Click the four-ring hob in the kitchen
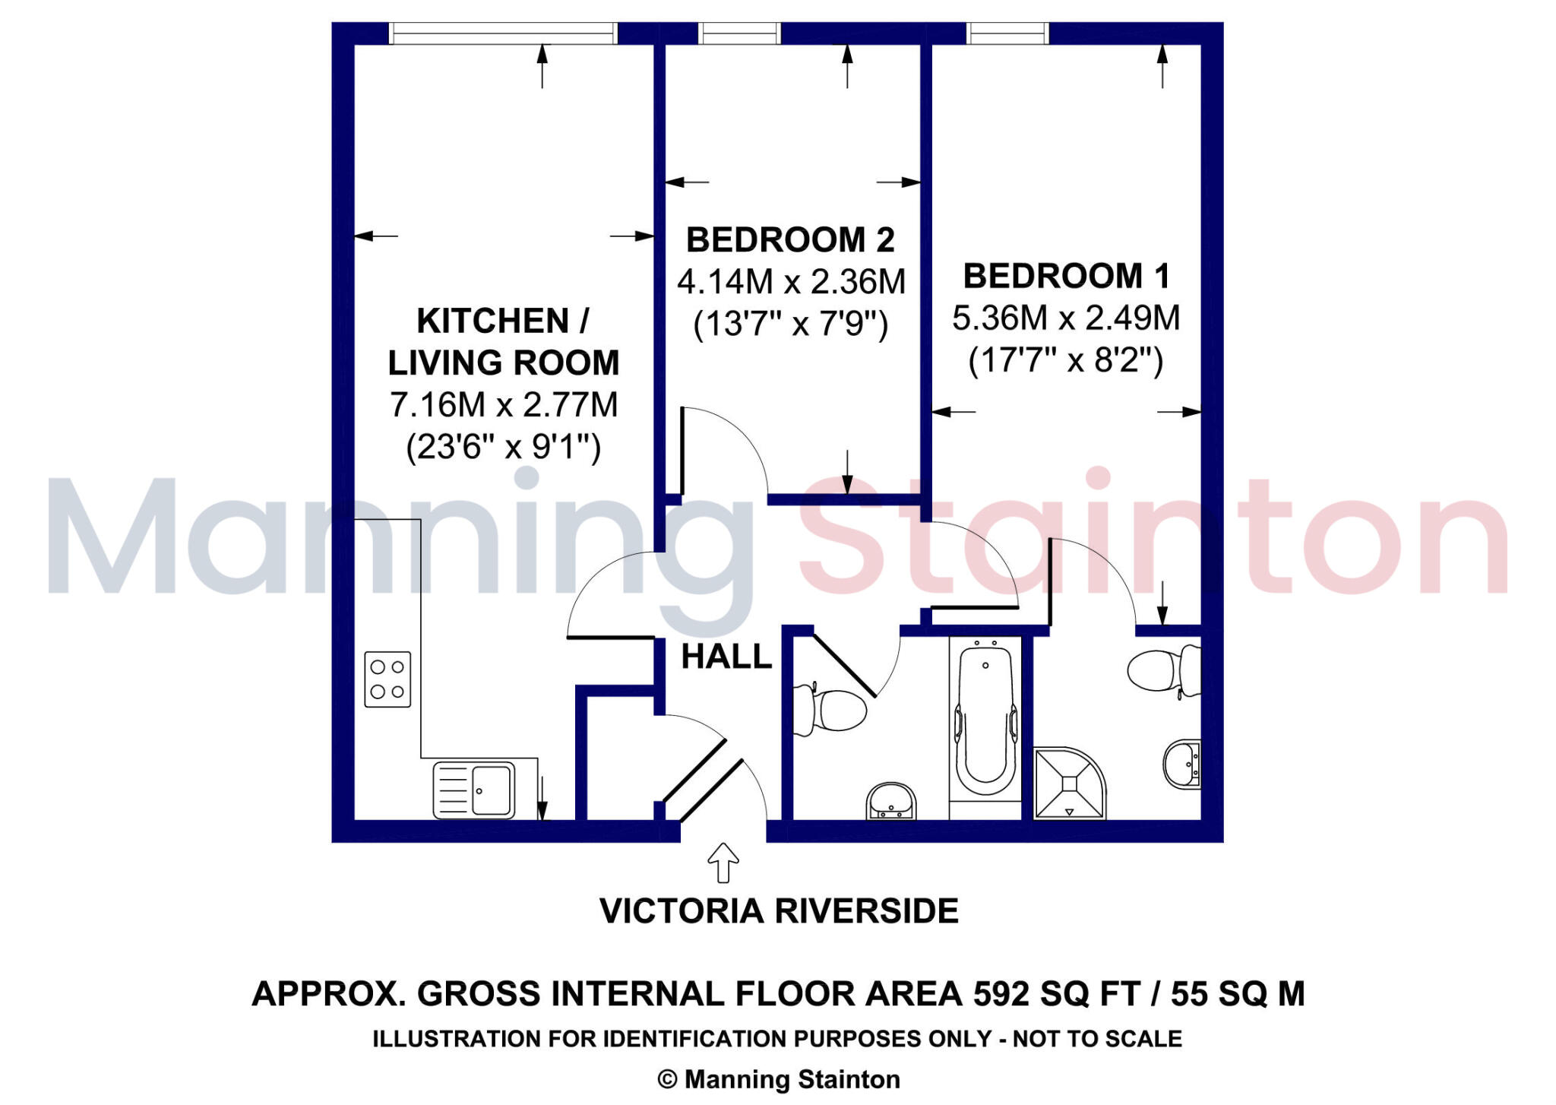coord(387,679)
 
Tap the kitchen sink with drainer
coord(474,790)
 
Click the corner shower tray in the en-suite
coord(1067,783)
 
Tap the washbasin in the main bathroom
coord(891,802)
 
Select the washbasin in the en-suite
coord(1181,763)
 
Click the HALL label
coord(726,657)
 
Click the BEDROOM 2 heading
coord(790,240)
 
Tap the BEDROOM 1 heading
coord(1066,276)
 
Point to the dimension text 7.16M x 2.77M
coord(504,404)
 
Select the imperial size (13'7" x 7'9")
coord(790,325)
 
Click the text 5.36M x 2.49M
coord(1066,318)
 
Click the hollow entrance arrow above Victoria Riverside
coord(723,862)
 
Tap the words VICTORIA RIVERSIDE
coord(779,910)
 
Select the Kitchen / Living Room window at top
coord(503,33)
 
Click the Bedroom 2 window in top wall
coord(739,33)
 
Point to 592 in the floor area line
coord(1001,994)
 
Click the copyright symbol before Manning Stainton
coord(667,1079)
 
